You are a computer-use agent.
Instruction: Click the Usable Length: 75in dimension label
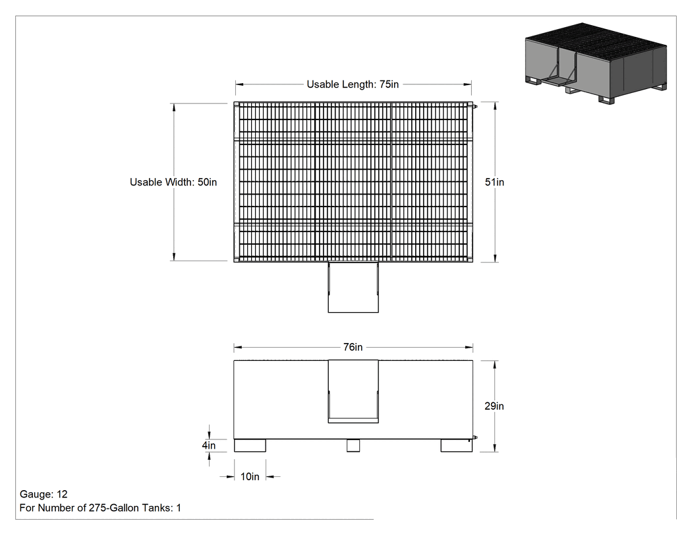point(353,84)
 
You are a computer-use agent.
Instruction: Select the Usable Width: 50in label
point(173,182)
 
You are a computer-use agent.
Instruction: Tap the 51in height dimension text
point(494,182)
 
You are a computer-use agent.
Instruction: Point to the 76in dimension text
point(353,347)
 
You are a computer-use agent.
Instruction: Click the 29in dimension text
point(494,406)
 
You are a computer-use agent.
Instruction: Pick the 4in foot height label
point(209,445)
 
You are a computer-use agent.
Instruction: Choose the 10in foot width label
point(250,476)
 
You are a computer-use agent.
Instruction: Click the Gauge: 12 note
point(43,494)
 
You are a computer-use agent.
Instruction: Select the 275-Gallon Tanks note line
point(100,508)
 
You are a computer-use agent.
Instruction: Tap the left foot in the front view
point(250,445)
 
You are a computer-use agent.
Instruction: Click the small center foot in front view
point(353,445)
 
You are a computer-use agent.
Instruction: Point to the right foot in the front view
point(456,445)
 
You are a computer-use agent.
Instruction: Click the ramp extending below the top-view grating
point(353,287)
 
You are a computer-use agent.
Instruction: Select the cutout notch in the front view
point(353,391)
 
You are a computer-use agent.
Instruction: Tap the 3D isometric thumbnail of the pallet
point(596,63)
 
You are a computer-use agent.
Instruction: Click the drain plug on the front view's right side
point(475,438)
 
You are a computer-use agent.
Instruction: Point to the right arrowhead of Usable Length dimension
point(468,84)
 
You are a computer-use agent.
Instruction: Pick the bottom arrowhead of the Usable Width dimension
point(174,257)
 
